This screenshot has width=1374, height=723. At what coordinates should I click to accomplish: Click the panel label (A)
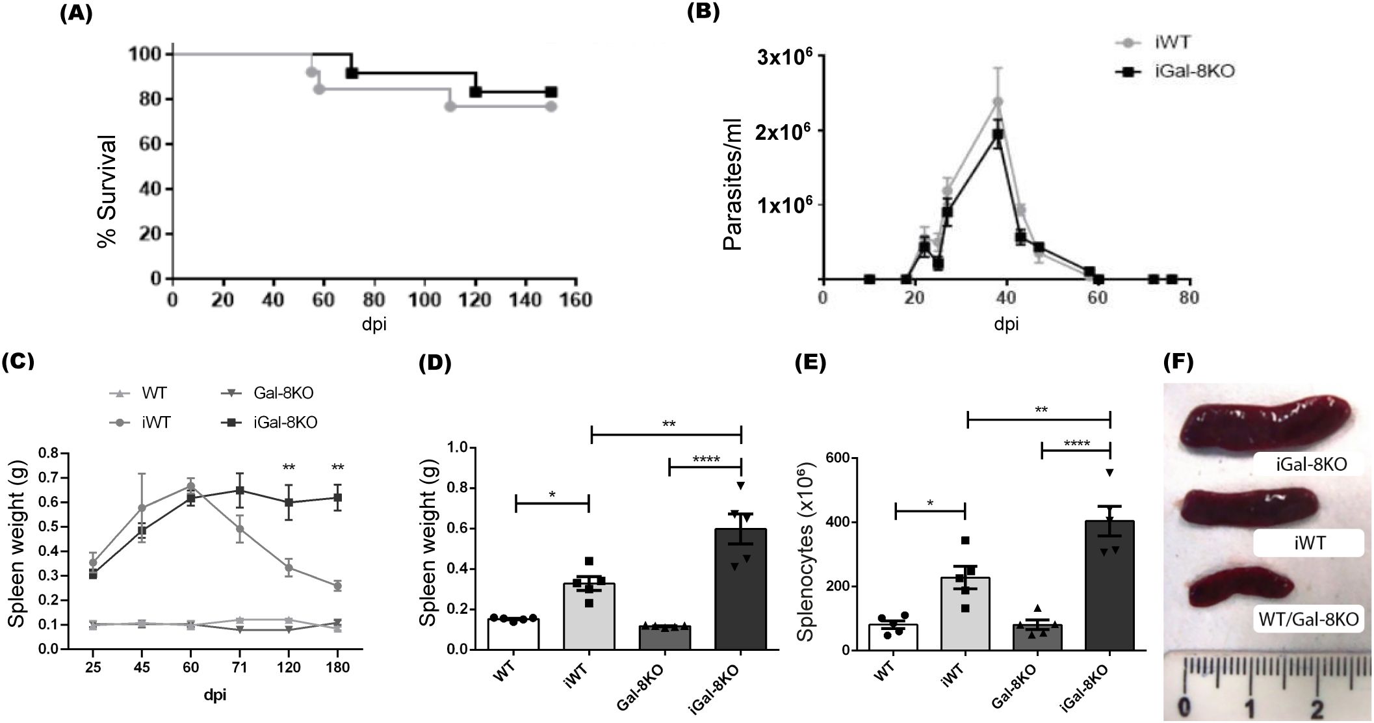[x=75, y=14]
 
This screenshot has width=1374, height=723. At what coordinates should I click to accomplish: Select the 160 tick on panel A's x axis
[x=575, y=300]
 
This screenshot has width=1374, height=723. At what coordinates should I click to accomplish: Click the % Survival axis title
[x=108, y=190]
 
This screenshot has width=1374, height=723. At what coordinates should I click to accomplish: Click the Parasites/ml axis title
[x=733, y=187]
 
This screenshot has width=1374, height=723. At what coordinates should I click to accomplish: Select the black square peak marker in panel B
[x=998, y=135]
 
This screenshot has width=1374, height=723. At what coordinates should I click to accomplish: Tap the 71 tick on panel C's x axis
[x=240, y=668]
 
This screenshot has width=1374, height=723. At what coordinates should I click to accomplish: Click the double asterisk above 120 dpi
[x=289, y=467]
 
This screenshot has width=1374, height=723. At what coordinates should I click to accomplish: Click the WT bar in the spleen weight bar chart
[x=513, y=633]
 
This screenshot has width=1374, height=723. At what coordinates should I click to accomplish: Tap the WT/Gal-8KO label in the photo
[x=1308, y=619]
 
